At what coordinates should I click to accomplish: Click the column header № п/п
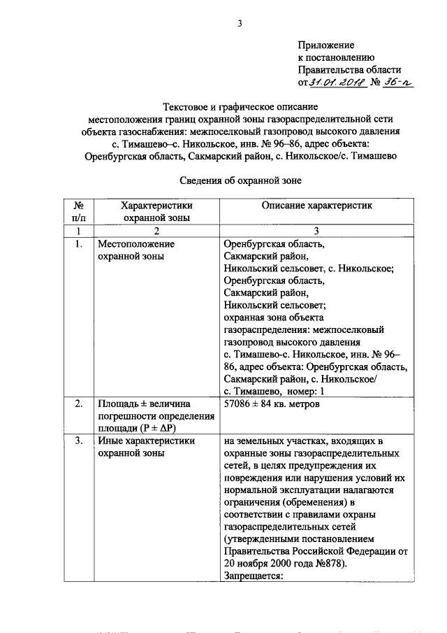click(78, 212)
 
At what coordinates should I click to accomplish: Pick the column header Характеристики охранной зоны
click(156, 212)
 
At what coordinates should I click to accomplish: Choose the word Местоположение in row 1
click(135, 244)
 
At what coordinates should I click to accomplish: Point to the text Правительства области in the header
click(349, 70)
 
